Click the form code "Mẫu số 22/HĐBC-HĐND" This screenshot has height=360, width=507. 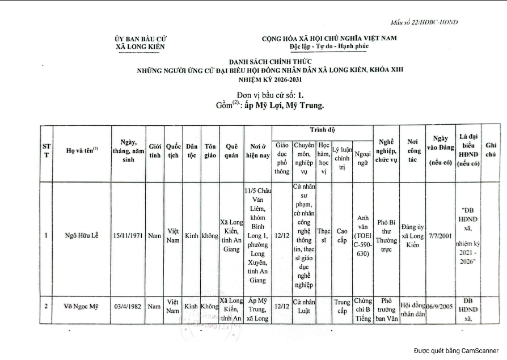tap(424, 22)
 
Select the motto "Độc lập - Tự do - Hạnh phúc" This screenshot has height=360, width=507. tap(329, 46)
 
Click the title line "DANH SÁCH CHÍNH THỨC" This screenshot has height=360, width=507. tap(271, 61)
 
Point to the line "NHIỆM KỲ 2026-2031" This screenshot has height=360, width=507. tap(271, 79)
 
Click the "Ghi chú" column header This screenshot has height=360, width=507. tap(491, 150)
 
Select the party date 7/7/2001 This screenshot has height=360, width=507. tap(440, 235)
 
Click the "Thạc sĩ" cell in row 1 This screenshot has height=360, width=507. tap(324, 235)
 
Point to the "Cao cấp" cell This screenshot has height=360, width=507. tap(342, 235)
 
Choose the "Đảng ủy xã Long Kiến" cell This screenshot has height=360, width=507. tap(412, 235)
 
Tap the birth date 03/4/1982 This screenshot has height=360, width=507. tap(129, 307)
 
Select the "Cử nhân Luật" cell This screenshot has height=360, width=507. tap(304, 306)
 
